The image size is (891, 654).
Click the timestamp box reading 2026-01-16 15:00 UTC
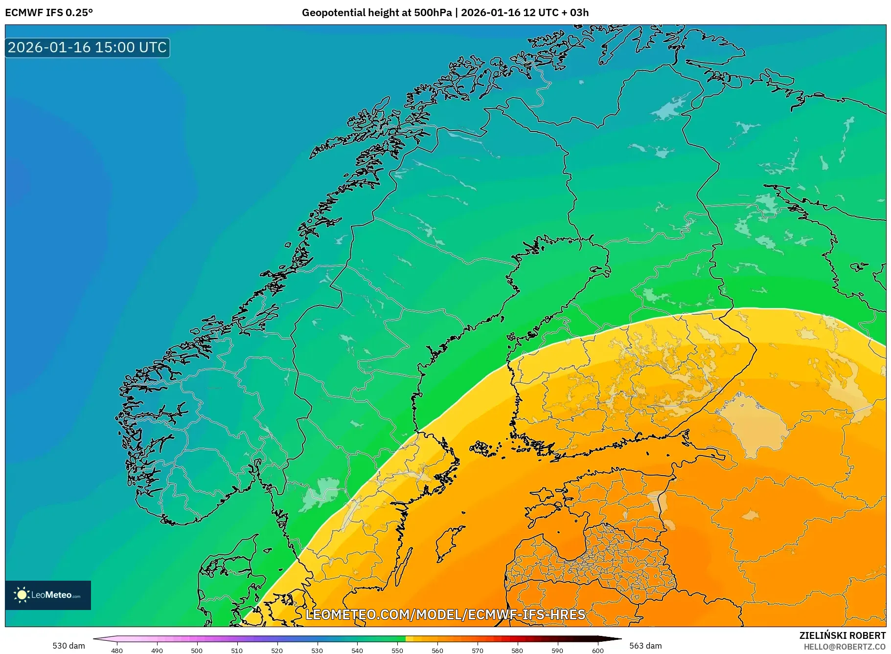point(88,47)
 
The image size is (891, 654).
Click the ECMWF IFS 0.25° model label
point(49,13)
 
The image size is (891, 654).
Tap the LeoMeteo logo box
point(48,595)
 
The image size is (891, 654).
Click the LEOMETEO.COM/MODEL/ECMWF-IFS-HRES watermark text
point(445,614)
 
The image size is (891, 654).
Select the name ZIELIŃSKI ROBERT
point(842,635)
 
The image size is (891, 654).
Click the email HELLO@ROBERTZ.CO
point(845,647)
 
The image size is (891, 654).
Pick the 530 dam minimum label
point(69,646)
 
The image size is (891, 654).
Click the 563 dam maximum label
point(645,646)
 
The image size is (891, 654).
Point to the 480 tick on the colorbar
point(117,651)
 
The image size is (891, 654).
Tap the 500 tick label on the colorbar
point(197,651)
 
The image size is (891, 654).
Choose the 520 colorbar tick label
point(277,651)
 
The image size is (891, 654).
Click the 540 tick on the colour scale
point(357,651)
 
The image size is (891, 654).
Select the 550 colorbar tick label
point(397,651)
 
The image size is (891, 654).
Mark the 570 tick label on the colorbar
point(478,651)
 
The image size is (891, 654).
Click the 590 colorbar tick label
point(557,651)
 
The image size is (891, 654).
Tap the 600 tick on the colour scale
point(597,651)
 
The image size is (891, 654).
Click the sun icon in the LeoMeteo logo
point(22,595)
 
